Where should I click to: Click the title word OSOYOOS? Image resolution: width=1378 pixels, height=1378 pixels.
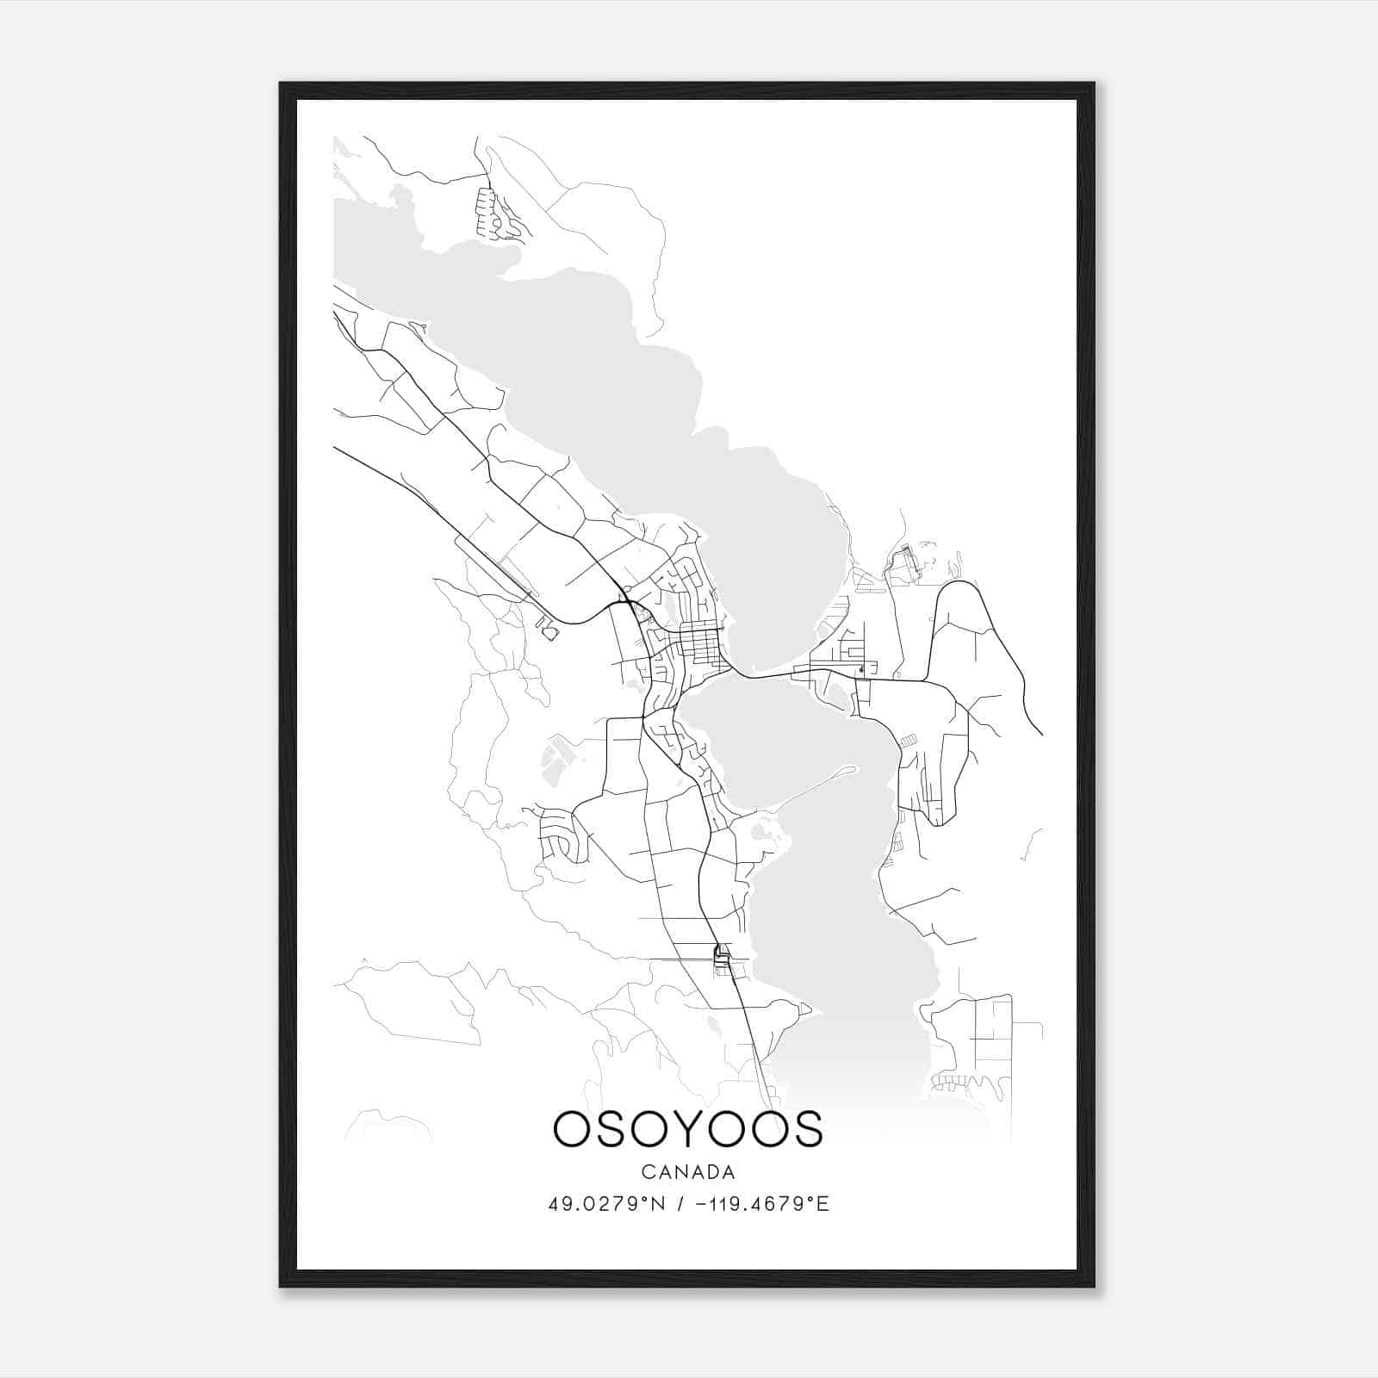[x=688, y=1128]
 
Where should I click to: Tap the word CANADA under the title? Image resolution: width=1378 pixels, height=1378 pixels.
[x=688, y=1172]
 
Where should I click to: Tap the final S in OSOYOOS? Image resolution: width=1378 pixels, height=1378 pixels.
[x=808, y=1128]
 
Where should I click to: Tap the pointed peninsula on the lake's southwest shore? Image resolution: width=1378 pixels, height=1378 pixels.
[x=797, y=1009]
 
